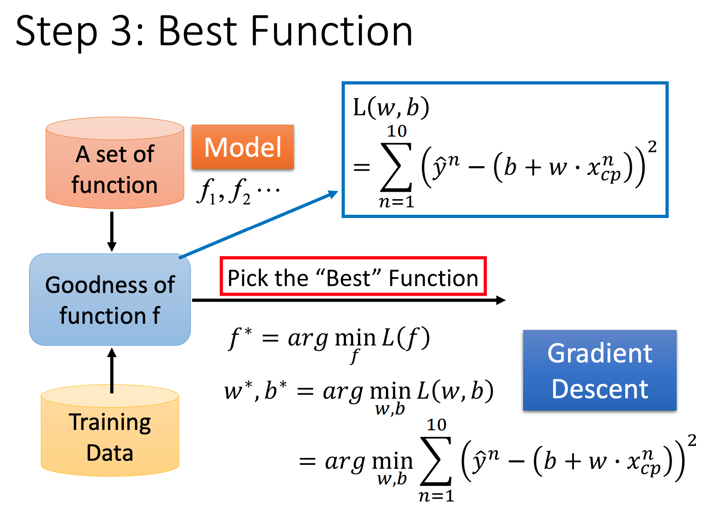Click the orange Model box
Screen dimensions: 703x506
(242, 147)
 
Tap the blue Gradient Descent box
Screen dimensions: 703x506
(599, 370)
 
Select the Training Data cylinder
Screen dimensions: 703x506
(110, 430)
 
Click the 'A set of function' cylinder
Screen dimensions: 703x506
(115, 163)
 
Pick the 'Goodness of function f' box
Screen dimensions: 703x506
(110, 299)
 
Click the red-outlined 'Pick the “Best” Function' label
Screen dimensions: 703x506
(353, 276)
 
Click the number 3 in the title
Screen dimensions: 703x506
(121, 31)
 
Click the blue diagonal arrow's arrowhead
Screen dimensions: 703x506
(333, 194)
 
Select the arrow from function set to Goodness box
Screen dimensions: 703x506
(112, 232)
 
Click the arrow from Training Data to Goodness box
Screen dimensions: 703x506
(112, 370)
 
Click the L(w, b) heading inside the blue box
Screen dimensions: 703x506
(391, 108)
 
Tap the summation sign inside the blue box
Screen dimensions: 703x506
(396, 167)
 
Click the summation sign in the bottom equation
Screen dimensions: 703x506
(436, 461)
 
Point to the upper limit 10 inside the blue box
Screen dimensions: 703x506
(397, 131)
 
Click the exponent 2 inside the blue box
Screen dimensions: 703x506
(652, 146)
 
